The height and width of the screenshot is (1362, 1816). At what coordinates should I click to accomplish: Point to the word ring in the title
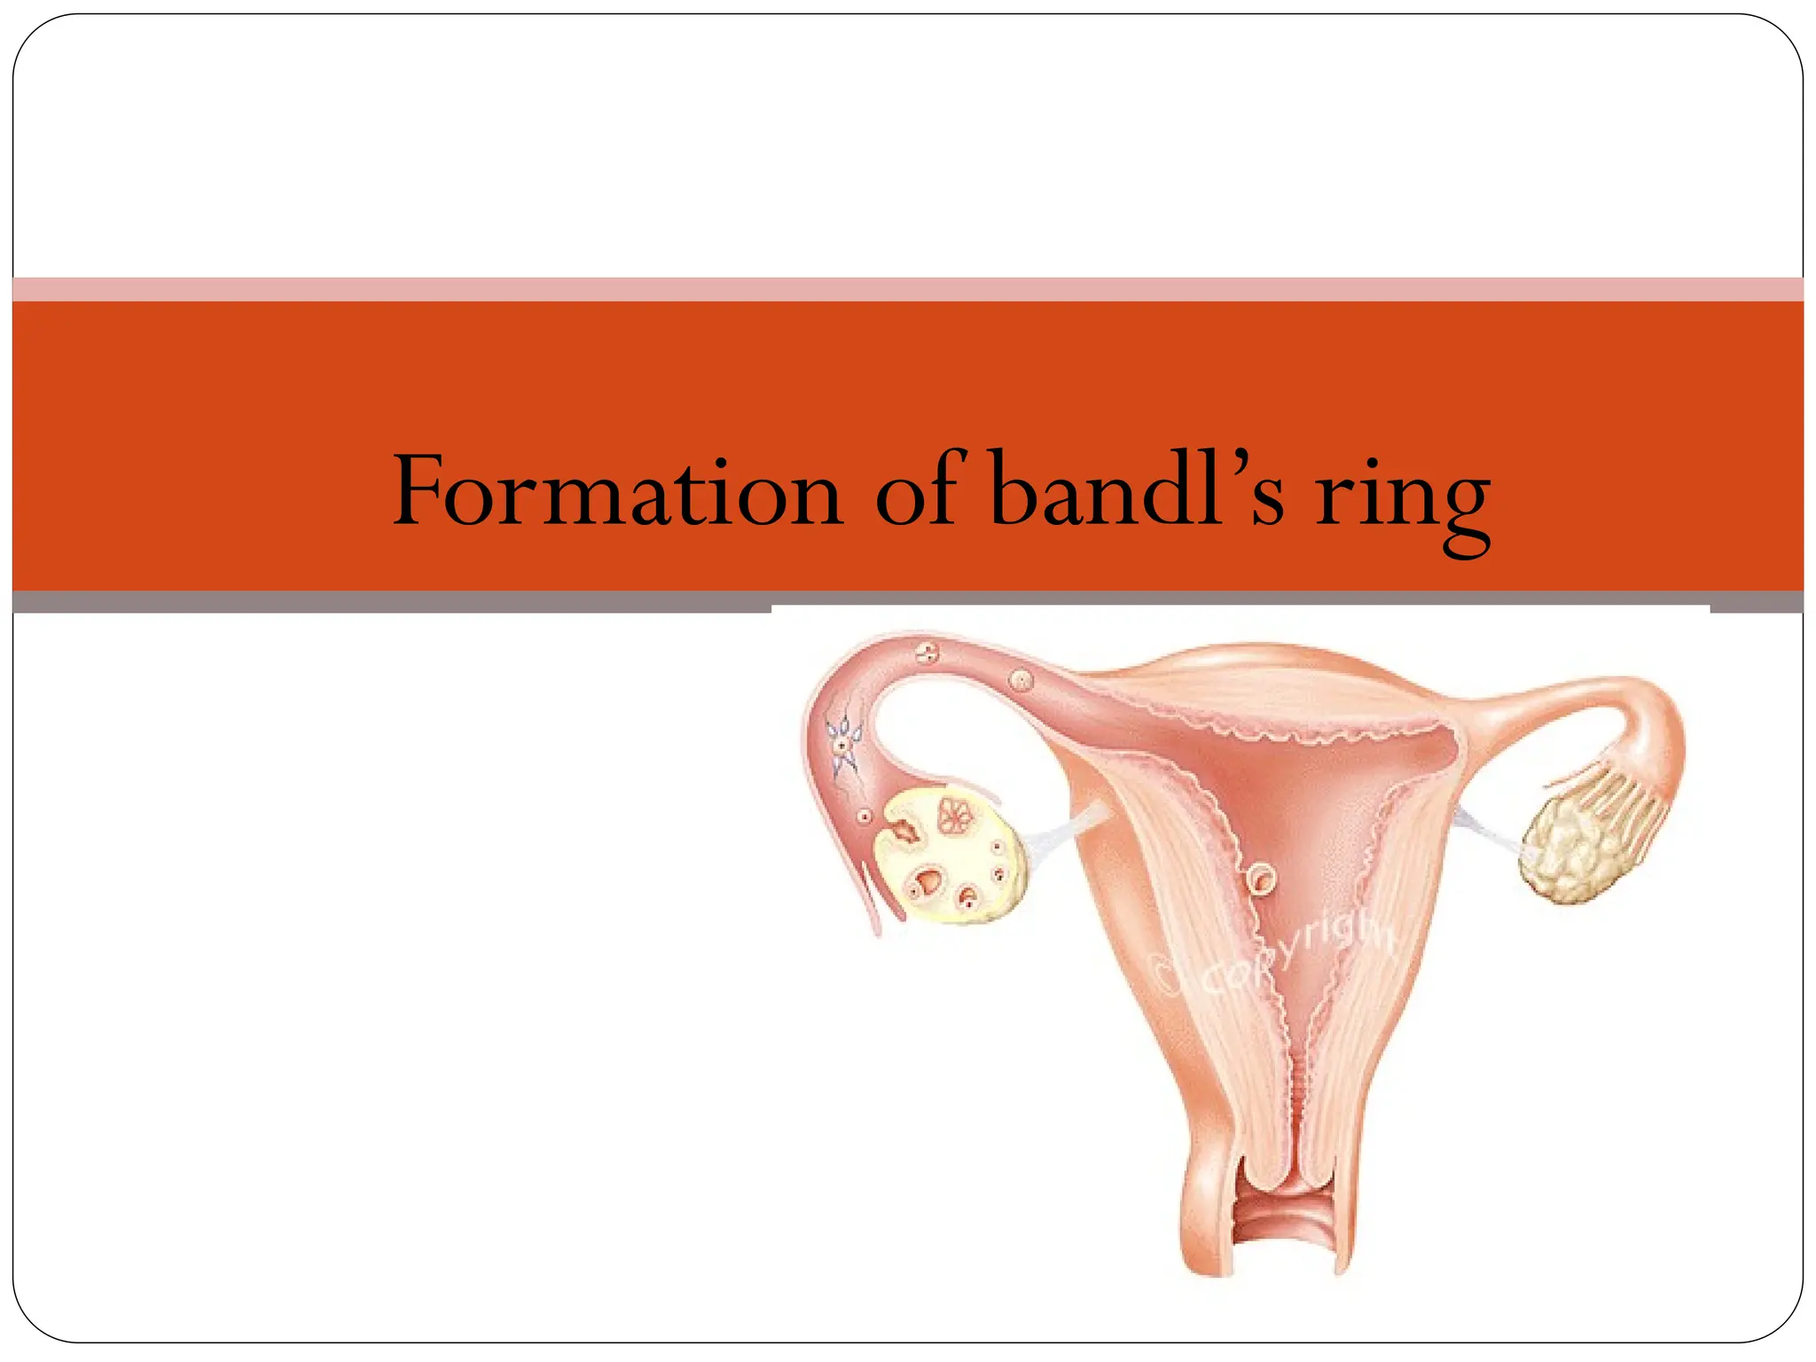click(x=1402, y=501)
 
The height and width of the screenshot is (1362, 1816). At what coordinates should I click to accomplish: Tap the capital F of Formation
click(x=421, y=490)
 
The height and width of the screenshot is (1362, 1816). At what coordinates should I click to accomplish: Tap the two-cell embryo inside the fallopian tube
click(x=928, y=654)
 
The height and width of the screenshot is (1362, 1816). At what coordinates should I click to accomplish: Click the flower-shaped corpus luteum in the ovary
click(x=954, y=814)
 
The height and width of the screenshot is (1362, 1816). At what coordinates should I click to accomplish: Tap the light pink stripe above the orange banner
click(x=908, y=289)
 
